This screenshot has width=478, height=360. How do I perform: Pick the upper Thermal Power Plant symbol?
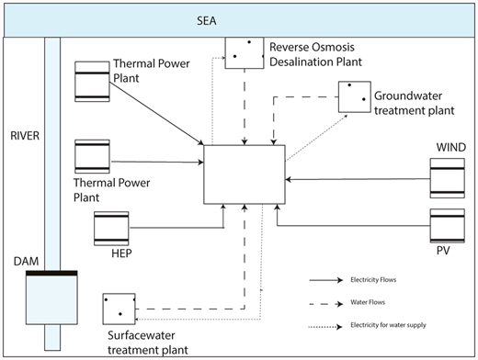point(92,80)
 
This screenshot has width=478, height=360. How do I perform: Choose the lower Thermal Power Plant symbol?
point(92,157)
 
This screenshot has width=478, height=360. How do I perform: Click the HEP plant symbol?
point(111,227)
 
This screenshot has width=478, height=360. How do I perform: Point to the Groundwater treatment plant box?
point(354,96)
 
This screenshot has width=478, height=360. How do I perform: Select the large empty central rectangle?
point(242,174)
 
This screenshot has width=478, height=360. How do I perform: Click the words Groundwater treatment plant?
point(414,102)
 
